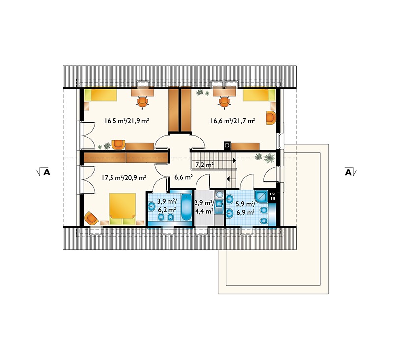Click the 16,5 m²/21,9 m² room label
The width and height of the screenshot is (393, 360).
pyautogui.click(x=127, y=121)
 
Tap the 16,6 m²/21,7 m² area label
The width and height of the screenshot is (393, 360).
pyautogui.click(x=233, y=121)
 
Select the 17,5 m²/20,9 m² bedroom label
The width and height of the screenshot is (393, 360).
pyautogui.click(x=124, y=178)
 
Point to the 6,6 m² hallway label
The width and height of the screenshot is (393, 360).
pyautogui.click(x=183, y=177)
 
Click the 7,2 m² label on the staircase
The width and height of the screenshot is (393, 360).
pyautogui.click(x=204, y=165)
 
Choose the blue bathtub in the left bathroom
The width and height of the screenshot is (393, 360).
pyautogui.click(x=186, y=207)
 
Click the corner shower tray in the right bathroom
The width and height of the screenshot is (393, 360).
pyautogui.click(x=261, y=196)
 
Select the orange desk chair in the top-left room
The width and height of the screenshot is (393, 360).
pyautogui.click(x=142, y=103)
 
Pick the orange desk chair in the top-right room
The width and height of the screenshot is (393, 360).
pyautogui.click(x=225, y=102)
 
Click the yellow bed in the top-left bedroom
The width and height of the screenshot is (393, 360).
pyautogui.click(x=101, y=95)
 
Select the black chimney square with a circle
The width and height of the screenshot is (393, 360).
pyautogui.click(x=227, y=145)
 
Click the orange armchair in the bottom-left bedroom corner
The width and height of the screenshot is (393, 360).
pyautogui.click(x=91, y=218)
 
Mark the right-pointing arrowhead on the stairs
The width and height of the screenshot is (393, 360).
pyautogui.click(x=235, y=160)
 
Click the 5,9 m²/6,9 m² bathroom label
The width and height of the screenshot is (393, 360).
pyautogui.click(x=246, y=208)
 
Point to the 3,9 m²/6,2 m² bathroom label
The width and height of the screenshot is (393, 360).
pyautogui.click(x=167, y=205)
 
